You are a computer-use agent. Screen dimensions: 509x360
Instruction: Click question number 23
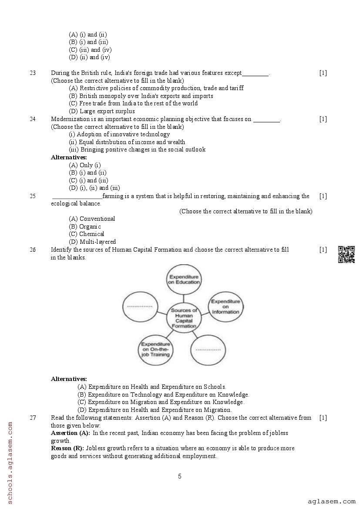33,73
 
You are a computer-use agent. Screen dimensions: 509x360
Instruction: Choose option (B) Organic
85,226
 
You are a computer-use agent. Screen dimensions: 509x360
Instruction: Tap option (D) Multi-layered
92,242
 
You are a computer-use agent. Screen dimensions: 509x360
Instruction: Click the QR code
347,254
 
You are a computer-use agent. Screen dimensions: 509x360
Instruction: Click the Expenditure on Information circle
225,307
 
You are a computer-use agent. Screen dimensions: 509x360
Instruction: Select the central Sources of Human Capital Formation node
184,318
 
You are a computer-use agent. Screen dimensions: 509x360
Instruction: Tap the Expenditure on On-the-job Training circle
155,349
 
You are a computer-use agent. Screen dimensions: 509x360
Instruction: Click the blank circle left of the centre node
140,306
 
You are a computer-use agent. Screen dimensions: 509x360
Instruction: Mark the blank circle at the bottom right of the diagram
208,350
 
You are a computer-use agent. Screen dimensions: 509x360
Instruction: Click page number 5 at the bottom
180,476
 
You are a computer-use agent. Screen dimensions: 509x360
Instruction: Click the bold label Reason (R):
67,448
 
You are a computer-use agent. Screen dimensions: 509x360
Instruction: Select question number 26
33,249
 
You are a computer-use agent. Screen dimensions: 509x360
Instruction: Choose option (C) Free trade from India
133,103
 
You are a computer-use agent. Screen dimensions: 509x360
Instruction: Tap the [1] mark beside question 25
323,196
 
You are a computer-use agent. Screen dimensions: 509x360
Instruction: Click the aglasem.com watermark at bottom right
332,502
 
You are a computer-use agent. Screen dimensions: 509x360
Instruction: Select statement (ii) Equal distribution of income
127,142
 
